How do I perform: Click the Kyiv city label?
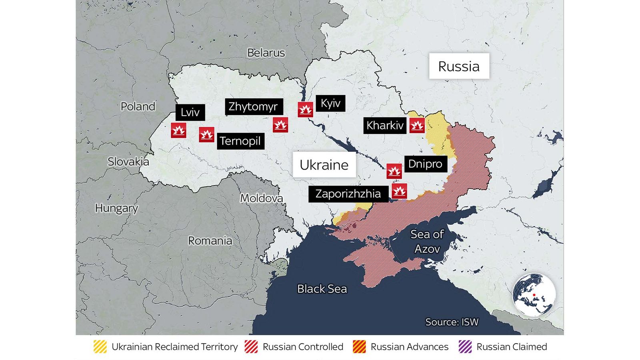click(x=330, y=103)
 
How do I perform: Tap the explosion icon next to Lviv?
click(x=178, y=130)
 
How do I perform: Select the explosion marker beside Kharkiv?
click(x=417, y=126)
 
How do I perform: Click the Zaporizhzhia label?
click(x=348, y=194)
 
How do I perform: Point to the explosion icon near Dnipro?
click(x=394, y=171)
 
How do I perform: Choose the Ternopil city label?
click(x=240, y=141)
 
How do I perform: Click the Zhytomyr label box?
click(x=253, y=107)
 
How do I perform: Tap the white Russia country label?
click(x=459, y=66)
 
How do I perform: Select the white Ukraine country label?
click(x=324, y=165)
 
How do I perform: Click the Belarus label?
click(x=266, y=53)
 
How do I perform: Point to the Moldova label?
click(x=261, y=198)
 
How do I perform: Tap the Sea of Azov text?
click(x=427, y=241)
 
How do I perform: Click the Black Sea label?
click(x=322, y=289)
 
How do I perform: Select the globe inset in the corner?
click(x=534, y=295)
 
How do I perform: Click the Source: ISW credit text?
click(x=452, y=322)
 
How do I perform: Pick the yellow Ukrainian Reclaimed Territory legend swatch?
click(x=100, y=347)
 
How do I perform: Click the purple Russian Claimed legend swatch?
click(x=465, y=347)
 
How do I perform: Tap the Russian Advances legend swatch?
click(x=359, y=347)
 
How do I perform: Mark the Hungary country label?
click(x=116, y=208)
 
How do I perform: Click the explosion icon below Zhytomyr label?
click(x=280, y=125)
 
